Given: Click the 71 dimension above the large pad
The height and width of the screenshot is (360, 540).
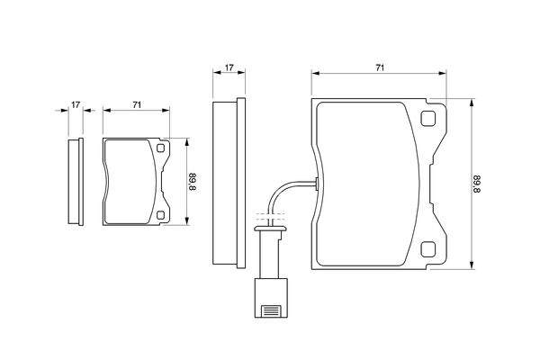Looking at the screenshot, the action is pos(380,67).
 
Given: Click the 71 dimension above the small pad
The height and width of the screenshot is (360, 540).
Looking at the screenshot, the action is pos(137,104).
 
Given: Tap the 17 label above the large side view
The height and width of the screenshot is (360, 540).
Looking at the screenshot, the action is pos(229,67).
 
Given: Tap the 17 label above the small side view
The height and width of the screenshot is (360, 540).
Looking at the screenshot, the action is pos(76,104).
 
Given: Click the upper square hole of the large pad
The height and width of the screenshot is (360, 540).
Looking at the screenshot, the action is pos(428,119).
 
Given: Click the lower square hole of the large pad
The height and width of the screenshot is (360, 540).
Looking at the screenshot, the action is pos(428,249).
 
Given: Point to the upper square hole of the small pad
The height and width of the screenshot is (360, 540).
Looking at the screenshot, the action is pos(160,148).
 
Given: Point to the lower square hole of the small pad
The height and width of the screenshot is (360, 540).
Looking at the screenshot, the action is pos(160,215).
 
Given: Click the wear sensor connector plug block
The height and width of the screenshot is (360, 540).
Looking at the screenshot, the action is pos(271,298).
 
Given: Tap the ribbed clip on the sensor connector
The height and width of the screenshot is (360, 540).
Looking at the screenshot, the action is pos(271,311).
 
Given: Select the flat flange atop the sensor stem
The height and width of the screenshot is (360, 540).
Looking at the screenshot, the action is pos(271,229).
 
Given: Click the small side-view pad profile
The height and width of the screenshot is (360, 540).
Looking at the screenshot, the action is pos(76,182).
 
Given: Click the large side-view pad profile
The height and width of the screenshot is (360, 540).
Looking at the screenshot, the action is pos(229,183).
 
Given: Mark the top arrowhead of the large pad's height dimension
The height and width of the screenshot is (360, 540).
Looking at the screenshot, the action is pos(472,102).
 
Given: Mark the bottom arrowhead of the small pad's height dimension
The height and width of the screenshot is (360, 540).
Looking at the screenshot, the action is pos(186,221).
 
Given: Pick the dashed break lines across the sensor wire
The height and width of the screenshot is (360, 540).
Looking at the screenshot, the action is pos(271,216).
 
